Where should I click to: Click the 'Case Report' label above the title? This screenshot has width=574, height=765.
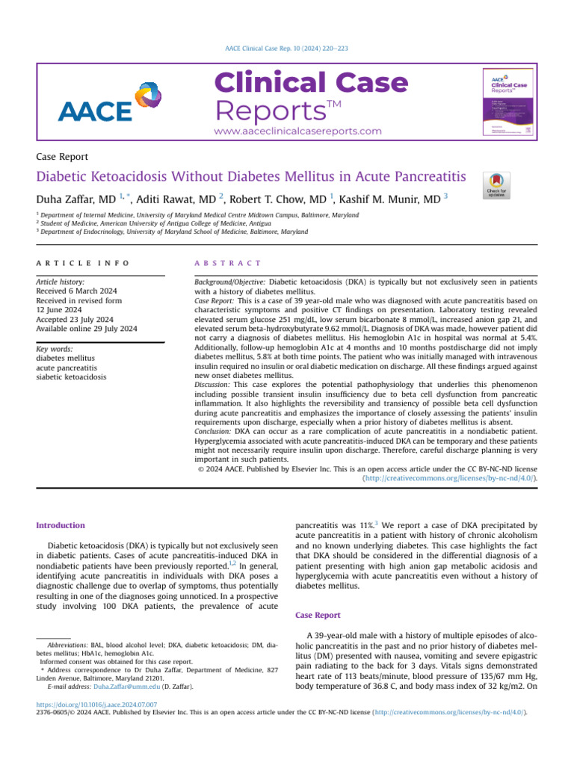tap(62, 157)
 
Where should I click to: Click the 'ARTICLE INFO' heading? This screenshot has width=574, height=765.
tap(82, 264)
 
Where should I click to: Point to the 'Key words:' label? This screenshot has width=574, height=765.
tap(56, 349)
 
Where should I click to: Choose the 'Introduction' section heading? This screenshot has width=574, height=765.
tap(61, 526)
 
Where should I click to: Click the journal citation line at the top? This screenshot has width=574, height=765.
tap(287, 49)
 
